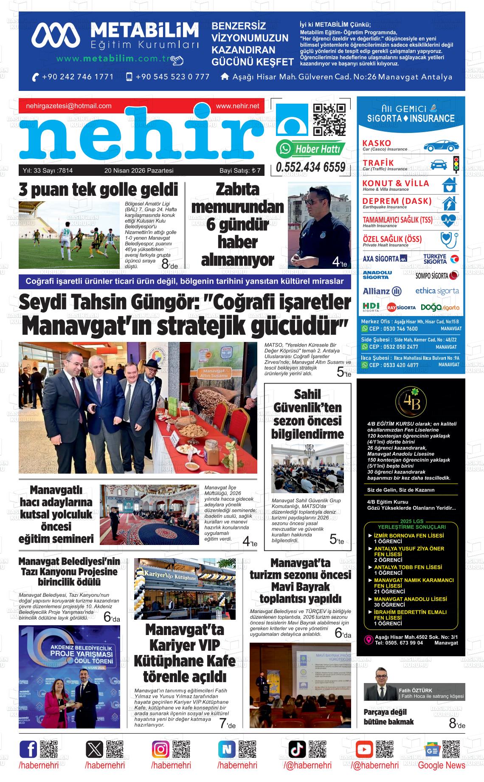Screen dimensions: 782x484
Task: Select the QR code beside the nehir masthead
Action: click(x=329, y=119)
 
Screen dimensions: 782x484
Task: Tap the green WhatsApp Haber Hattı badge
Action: click(x=310, y=149)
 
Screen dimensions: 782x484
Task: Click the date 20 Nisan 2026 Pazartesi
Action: click(x=139, y=171)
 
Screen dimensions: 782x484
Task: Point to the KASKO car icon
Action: click(x=441, y=145)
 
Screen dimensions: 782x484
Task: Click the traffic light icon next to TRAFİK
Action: click(x=456, y=164)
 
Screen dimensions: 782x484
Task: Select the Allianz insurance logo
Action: click(x=382, y=291)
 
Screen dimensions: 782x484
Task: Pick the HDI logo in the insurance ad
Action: click(x=371, y=307)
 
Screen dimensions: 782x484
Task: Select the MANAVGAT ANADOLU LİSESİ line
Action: click(x=410, y=599)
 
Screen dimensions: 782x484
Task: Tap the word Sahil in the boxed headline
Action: click(x=307, y=394)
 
